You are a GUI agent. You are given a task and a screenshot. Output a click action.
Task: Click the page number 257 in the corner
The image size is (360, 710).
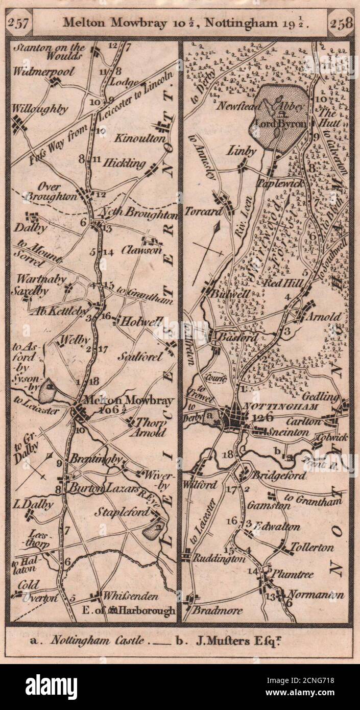click(19, 23)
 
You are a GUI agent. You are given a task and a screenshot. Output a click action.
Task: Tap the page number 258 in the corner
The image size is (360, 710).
click(340, 23)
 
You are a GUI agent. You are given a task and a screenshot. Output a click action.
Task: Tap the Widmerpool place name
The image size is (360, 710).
click(44, 71)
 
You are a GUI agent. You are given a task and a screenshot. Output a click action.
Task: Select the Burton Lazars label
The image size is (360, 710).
click(104, 488)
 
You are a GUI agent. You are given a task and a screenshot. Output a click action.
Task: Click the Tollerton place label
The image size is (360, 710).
click(311, 548)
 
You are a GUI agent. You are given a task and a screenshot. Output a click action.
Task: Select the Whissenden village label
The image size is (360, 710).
click(131, 596)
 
